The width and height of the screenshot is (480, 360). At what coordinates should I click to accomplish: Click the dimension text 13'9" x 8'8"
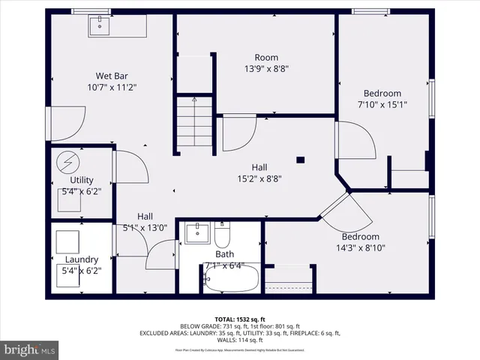(x=266, y=69)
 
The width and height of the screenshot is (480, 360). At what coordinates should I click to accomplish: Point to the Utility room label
(x=81, y=181)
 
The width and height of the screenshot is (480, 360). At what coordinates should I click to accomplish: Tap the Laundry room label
(x=81, y=259)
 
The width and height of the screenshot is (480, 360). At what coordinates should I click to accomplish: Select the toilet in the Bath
(x=222, y=236)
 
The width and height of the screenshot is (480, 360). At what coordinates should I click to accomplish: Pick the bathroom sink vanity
(x=196, y=232)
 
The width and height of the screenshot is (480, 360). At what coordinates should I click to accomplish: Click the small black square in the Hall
(x=300, y=159)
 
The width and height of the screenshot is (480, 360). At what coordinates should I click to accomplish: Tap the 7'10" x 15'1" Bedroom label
(x=382, y=105)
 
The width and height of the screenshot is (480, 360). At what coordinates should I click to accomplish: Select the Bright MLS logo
(x=30, y=349)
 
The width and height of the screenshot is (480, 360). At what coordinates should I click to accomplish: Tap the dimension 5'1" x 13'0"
(x=145, y=228)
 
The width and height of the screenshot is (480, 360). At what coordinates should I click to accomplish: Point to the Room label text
(x=266, y=58)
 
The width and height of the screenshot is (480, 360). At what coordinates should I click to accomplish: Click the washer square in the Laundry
(x=72, y=243)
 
